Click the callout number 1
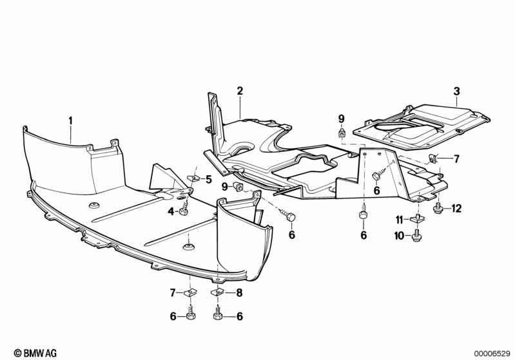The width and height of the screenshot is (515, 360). coord(71,120)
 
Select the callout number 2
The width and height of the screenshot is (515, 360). coord(240,91)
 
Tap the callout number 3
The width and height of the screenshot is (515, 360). coord(456,91)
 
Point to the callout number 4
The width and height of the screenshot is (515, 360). coord(171,211)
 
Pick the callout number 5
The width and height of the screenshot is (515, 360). coord(208,180)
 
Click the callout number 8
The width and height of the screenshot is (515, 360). coord(238,292)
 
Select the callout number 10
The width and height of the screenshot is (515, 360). coord(399,236)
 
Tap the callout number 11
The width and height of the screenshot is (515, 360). coord(399,220)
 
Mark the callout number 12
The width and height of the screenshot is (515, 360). coord(456,208)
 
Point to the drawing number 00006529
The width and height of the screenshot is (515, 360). coord(491,353)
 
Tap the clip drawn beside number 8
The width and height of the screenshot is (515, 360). coord(218,292)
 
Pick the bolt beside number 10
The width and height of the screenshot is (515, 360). coord(416,237)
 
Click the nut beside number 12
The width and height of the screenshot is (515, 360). coord(438,209)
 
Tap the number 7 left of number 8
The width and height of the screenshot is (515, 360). coord(173,292)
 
